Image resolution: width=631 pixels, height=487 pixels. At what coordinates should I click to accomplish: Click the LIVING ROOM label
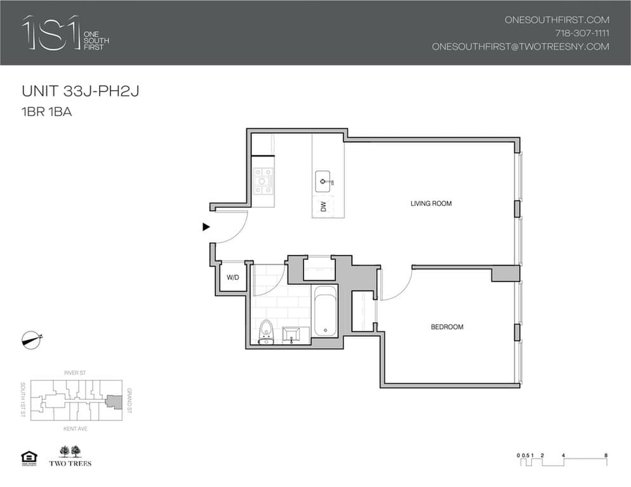click(430, 204)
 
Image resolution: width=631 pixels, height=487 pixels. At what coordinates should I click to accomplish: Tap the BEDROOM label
click(447, 327)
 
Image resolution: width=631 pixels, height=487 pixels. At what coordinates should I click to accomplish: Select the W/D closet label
click(232, 277)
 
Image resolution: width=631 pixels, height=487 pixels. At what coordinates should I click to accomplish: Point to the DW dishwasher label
click(323, 207)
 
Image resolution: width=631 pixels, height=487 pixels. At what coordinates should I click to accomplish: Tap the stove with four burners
click(263, 181)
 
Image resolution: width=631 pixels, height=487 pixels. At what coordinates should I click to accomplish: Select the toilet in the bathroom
click(267, 331)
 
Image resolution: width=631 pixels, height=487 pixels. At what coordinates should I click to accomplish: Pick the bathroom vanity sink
click(293, 334)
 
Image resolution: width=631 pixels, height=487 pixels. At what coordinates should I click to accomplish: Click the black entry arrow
click(206, 226)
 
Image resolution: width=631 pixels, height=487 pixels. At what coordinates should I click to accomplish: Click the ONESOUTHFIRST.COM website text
click(557, 20)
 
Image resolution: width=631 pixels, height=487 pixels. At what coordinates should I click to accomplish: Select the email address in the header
click(520, 46)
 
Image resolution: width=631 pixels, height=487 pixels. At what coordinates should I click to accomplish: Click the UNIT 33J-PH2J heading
click(81, 92)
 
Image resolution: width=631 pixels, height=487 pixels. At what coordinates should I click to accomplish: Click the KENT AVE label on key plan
click(74, 429)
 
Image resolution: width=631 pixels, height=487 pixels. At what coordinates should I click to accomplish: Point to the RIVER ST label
click(75, 373)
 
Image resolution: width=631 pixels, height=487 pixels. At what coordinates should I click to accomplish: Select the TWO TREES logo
click(70, 456)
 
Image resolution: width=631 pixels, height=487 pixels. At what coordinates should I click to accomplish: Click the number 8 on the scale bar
click(606, 455)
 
